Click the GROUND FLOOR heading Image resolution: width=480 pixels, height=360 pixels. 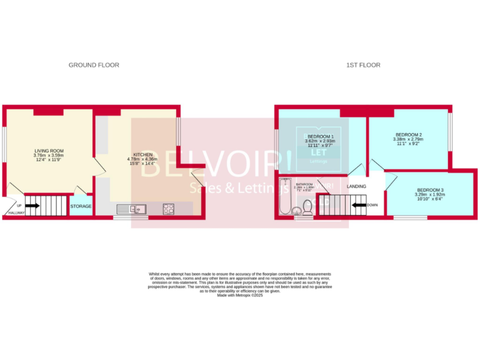(94, 65)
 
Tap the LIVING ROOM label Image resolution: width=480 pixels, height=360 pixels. (49, 151)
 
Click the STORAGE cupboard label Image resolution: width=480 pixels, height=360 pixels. (81, 206)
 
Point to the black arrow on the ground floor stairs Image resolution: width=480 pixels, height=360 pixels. (32, 205)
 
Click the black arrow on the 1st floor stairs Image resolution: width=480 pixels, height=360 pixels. (358, 204)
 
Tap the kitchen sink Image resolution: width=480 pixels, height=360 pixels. (137, 209)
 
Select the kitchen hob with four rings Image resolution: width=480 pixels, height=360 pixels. (169, 209)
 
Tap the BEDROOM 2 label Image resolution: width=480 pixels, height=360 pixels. (408, 134)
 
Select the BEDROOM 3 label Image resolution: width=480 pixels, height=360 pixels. (430, 189)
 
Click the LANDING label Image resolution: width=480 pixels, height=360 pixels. (356, 186)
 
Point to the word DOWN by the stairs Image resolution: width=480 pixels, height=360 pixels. (372, 204)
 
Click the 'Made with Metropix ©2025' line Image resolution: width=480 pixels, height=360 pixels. (240, 295)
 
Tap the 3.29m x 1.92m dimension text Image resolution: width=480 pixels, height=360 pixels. (430, 194)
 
